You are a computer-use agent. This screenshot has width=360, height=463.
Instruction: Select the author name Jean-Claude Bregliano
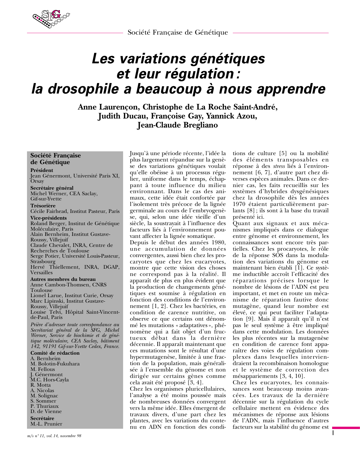[177, 125]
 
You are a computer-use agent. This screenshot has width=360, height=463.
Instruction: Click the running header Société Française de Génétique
[178, 33]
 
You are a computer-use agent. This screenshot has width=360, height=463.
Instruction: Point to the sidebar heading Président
[42, 170]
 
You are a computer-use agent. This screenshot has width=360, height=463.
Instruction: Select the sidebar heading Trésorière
[43, 206]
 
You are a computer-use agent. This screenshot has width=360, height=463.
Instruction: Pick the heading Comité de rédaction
[55, 353]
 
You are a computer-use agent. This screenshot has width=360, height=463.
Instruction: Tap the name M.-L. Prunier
[46, 424]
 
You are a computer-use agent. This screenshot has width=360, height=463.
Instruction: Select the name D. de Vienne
[46, 411]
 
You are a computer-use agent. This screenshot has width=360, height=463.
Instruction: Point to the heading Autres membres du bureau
[59, 279]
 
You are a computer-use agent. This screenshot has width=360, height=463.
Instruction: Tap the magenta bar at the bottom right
[346, 428]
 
